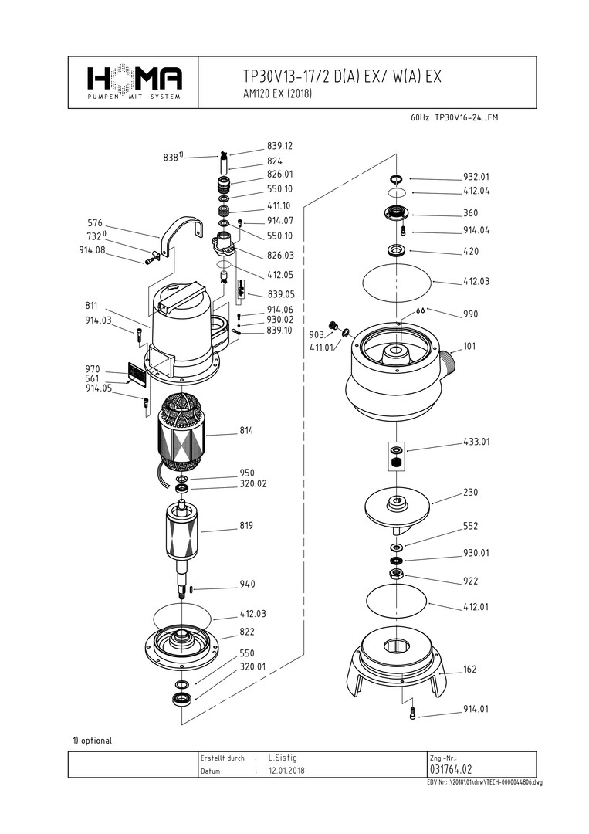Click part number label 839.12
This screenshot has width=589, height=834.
[279, 145]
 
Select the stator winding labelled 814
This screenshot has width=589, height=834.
[184, 436]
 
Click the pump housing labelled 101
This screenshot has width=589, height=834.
[398, 371]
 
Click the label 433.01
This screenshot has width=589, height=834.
[476, 442]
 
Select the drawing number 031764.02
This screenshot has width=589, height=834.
[452, 770]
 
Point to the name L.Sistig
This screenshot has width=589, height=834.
[283, 758]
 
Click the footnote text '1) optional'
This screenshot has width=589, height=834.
[93, 740]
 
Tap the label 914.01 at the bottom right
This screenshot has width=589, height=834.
[476, 709]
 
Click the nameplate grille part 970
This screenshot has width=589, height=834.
[136, 375]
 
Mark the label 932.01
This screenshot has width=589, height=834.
[476, 176]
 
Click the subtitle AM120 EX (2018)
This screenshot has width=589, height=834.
[276, 94]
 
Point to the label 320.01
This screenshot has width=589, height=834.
[252, 666]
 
